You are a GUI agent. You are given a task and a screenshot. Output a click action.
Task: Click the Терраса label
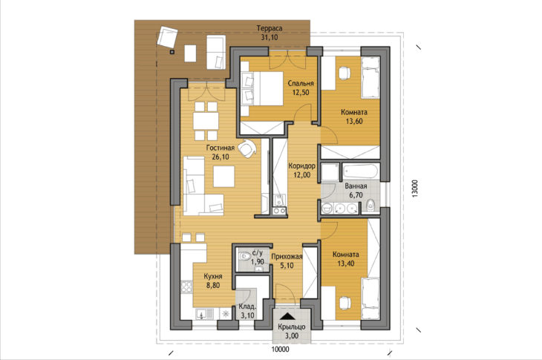click(270, 33)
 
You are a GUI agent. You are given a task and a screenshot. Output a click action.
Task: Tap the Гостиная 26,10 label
click(221, 152)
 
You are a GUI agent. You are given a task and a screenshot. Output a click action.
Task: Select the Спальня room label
click(301, 88)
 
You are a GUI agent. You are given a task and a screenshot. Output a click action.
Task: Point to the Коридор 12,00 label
click(301, 170)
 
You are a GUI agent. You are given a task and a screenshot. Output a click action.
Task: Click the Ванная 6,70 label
click(356, 191)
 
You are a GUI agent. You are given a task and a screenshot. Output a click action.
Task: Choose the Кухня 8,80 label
click(213, 281)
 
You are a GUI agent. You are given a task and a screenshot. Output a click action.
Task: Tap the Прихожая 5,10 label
click(287, 261)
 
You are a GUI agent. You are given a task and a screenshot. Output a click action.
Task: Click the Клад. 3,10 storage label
click(247, 311)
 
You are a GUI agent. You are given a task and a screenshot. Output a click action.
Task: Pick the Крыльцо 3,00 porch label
click(292, 331)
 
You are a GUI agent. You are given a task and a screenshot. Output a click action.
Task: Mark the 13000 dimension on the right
click(415, 189)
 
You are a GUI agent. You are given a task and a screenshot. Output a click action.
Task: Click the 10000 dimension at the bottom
click(280, 350)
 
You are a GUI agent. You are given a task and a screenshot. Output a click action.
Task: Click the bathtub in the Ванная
click(361, 171)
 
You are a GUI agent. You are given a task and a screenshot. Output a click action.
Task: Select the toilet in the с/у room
click(244, 256)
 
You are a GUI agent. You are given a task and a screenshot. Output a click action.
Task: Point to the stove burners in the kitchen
click(186, 287)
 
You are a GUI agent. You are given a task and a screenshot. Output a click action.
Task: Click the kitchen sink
click(201, 315)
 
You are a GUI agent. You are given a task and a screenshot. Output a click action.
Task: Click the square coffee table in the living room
click(223, 177)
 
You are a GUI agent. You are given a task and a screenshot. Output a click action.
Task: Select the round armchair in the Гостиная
click(247, 148)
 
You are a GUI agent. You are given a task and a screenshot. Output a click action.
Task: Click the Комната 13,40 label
click(346, 259)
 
